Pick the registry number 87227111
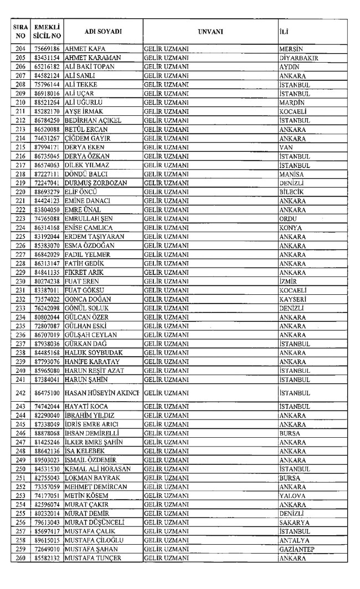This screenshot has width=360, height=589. [48, 174]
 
